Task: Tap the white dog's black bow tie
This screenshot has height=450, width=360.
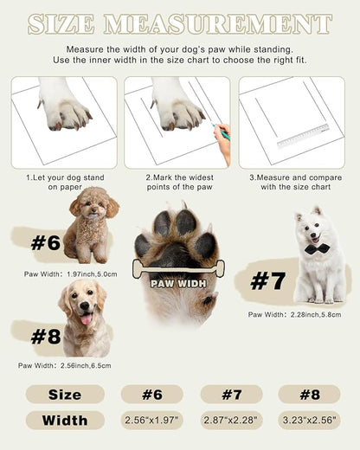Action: pyautogui.click(x=317, y=248)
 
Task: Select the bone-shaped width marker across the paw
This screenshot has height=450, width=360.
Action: pyautogui.click(x=177, y=269)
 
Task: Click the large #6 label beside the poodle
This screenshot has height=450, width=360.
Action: pyautogui.click(x=45, y=243)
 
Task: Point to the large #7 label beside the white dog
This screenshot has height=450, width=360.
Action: pyautogui.click(x=267, y=281)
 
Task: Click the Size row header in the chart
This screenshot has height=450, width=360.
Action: pyautogui.click(x=65, y=395)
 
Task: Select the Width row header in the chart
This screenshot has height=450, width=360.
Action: pyautogui.click(x=65, y=421)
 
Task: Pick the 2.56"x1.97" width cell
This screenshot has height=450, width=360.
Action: pyautogui.click(x=151, y=421)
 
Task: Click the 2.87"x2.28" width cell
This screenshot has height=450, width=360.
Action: pyautogui.click(x=231, y=421)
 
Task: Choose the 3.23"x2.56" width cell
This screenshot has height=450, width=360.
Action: pyautogui.click(x=309, y=421)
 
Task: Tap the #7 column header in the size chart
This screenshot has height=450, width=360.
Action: pyautogui.click(x=231, y=395)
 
